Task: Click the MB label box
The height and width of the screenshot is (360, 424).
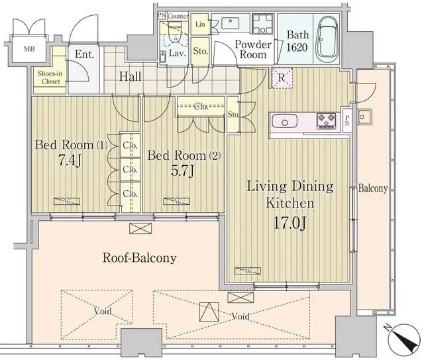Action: pos(30,49)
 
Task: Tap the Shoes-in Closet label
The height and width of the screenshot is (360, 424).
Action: pos(49,78)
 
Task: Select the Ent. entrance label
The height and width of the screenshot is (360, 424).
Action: pos(84,55)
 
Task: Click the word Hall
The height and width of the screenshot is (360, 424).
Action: pos(130,77)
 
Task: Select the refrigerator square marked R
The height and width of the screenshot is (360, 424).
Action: pos(282,78)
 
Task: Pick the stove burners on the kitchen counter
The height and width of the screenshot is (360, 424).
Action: pos(327,121)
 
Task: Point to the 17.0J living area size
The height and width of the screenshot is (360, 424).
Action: pos(290,222)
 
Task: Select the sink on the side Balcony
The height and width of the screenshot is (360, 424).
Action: pos(364,119)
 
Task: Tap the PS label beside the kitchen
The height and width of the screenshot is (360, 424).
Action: pos(348,121)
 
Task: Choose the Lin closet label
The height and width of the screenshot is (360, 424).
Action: pos(200,25)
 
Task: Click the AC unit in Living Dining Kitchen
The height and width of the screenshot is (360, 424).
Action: pos(248,270)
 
